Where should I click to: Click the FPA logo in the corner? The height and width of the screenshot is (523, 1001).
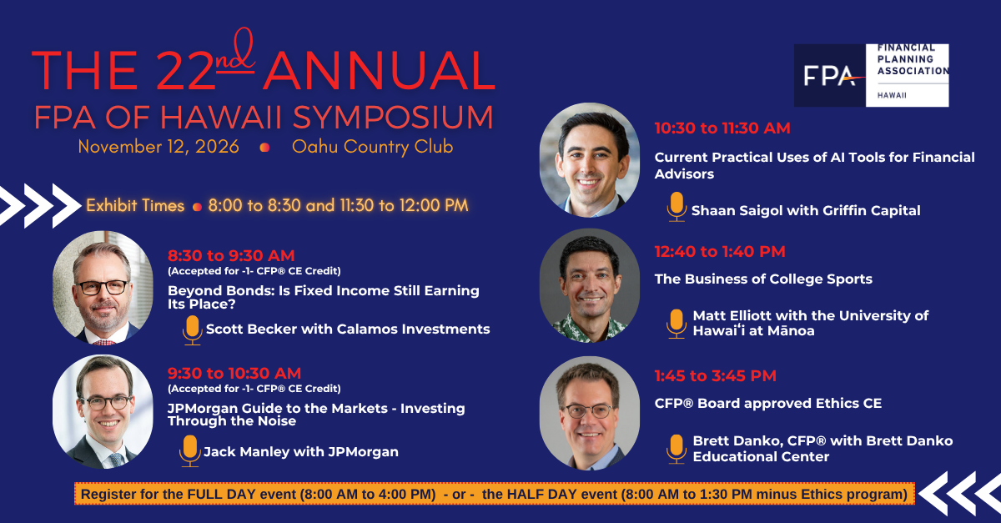pos(871,75)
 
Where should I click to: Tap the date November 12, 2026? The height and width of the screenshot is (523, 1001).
pos(158,147)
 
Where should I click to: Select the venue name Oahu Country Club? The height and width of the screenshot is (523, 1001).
pos(372,147)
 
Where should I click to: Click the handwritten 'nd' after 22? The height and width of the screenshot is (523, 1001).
pos(235,52)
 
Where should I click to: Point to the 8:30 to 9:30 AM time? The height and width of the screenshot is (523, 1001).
pos(231,256)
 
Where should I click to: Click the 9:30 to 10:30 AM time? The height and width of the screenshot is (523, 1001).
pos(234,373)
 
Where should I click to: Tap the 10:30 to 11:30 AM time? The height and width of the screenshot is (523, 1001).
pos(722,128)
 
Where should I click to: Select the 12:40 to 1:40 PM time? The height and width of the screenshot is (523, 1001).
pos(720,252)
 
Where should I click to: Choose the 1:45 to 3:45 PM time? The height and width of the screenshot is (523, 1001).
pos(716,376)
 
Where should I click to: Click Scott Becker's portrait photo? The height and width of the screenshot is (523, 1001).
pos(103,288)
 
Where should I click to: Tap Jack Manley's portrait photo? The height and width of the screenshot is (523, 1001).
pos(103,412)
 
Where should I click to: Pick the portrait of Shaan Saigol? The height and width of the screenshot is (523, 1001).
pos(590,160)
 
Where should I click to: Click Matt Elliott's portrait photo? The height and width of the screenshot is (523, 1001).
pos(590,285)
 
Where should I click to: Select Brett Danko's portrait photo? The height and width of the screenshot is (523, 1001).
pos(590,413)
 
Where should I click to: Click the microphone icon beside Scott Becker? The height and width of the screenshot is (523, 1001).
pos(192,329)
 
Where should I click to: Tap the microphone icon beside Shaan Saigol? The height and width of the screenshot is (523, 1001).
pos(677,207)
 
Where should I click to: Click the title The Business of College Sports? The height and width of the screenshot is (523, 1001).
pos(763,279)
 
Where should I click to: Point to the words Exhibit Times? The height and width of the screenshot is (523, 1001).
pos(135,206)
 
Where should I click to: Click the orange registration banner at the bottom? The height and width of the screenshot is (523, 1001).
pos(494,494)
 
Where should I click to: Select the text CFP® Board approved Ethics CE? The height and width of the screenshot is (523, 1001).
pos(767,403)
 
